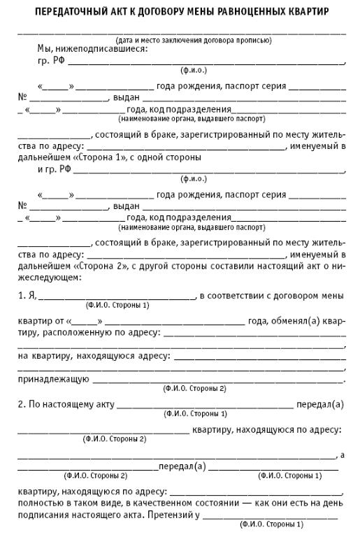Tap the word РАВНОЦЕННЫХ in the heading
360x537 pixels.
247,13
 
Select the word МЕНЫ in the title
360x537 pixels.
194,13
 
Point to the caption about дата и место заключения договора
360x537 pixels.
194,41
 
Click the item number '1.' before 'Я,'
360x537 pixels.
20,296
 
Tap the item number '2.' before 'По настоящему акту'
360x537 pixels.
21,405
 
